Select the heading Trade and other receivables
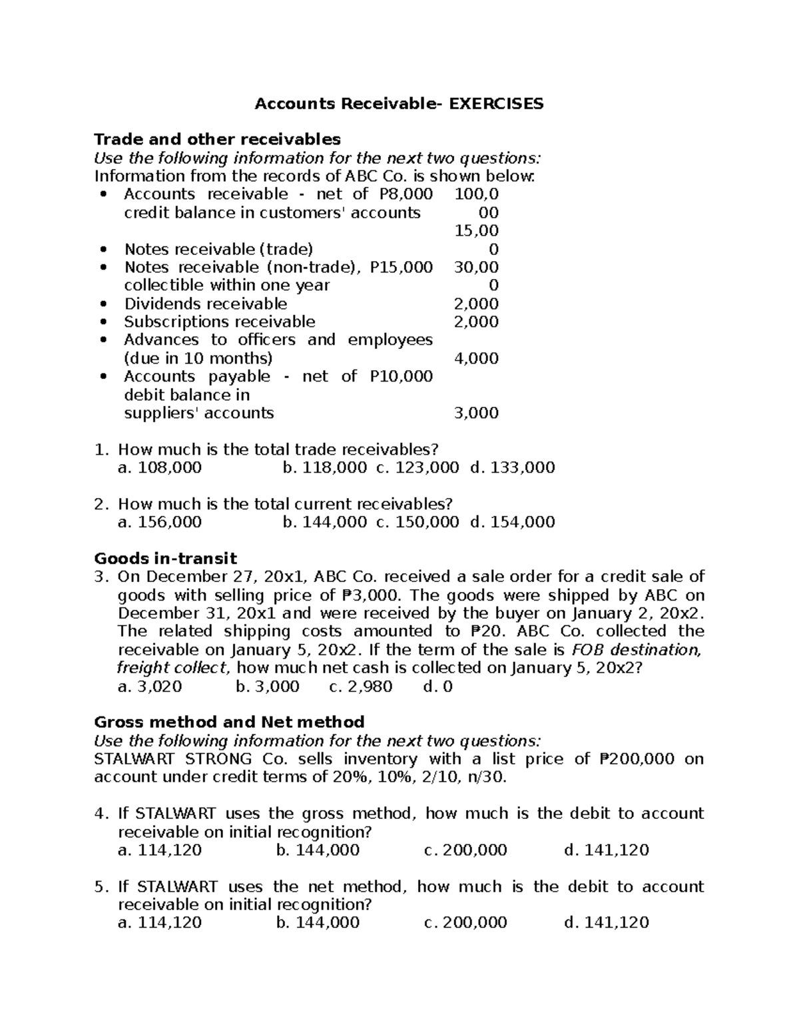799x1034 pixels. pos(217,139)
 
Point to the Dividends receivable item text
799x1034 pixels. pos(205,304)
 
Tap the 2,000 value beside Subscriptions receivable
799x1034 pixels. pos(476,322)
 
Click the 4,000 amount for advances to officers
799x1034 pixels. pos(476,358)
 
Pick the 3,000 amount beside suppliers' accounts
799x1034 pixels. pos(476,413)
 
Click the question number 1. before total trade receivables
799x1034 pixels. pos(101,449)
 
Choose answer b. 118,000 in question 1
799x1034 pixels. pos(324,467)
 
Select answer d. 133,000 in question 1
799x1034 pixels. pos(512,467)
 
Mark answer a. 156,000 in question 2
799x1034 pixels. pos(159,522)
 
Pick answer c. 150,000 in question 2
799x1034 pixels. pos(417,522)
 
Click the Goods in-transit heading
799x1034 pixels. pos(165,558)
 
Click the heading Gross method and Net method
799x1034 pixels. pos(229,722)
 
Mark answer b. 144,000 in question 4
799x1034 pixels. pos(317,850)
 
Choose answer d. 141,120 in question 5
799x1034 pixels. pos(606,923)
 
